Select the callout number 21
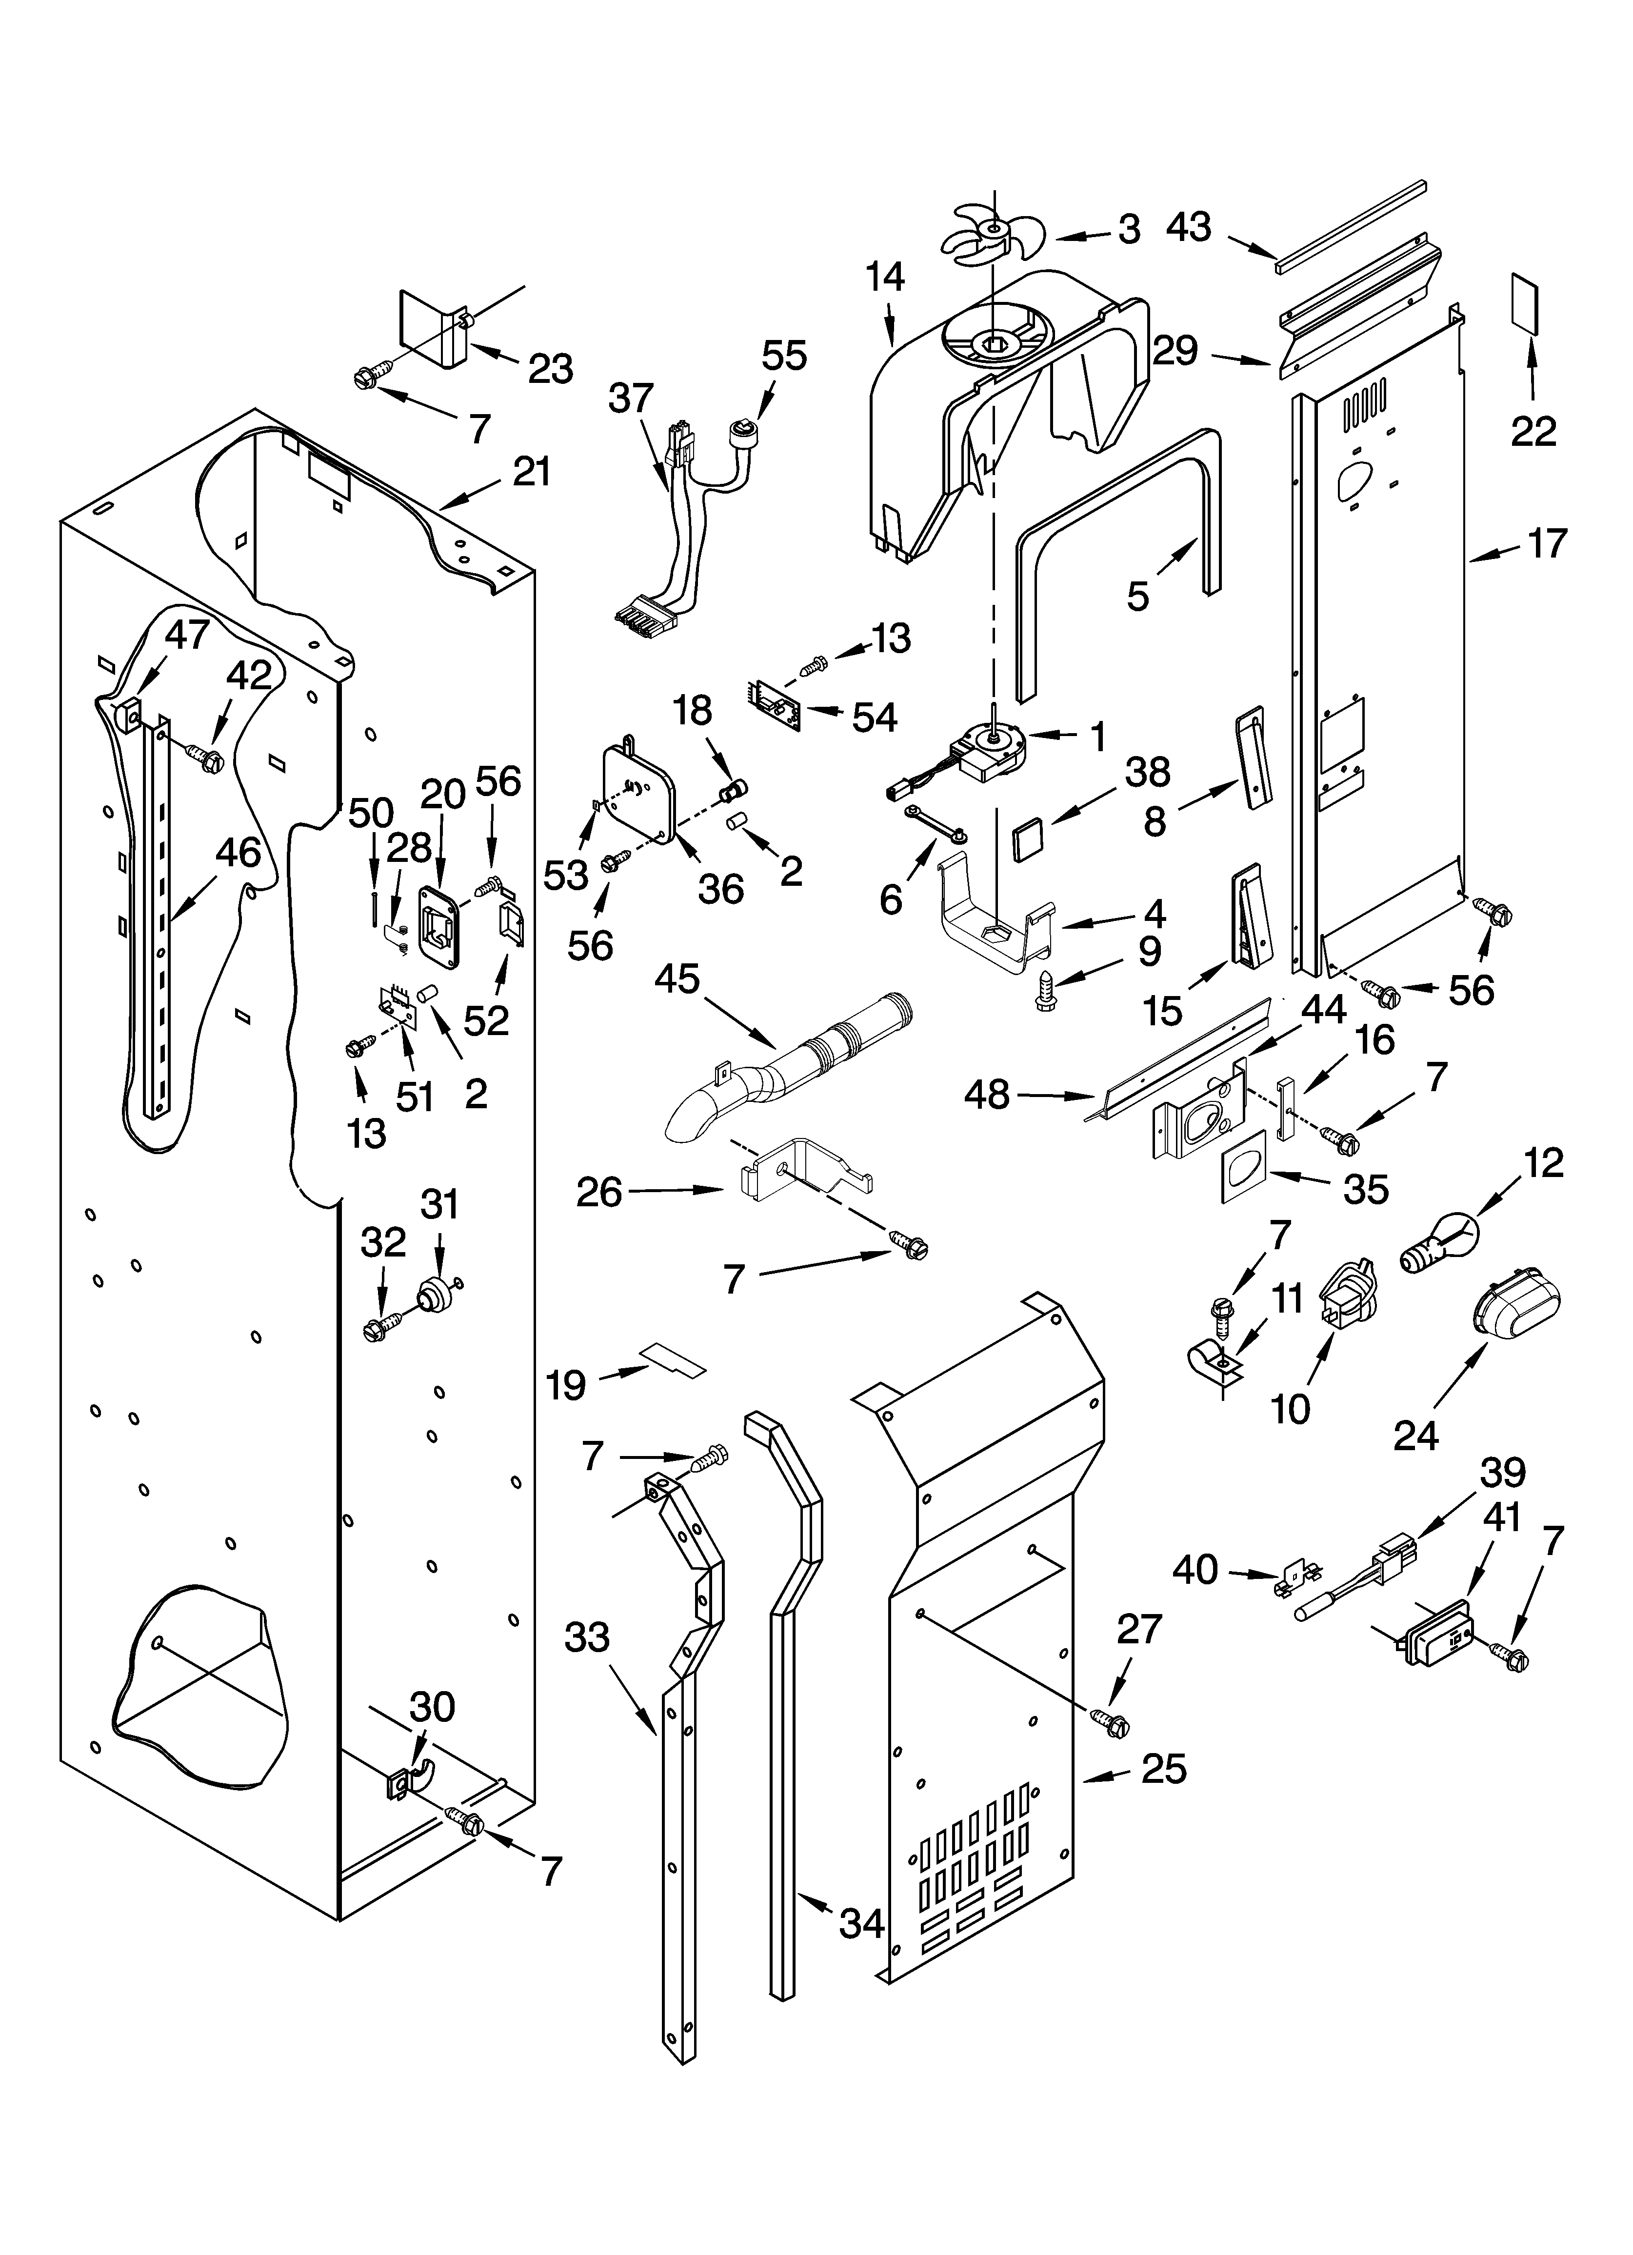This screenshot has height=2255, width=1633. point(531,471)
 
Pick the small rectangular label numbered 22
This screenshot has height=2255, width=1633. point(1525,303)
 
